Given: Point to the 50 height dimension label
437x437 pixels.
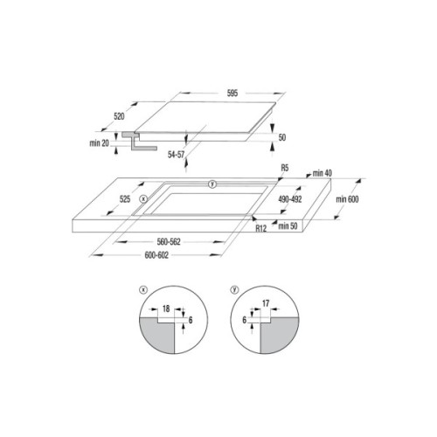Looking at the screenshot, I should click(282, 138).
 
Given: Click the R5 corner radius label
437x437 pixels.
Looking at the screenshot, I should click(285, 167).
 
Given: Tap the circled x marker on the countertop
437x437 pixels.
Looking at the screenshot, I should click(143, 199).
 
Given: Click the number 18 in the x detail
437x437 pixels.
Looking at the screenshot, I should click(165, 309).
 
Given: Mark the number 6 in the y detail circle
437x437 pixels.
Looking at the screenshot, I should click(246, 321).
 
